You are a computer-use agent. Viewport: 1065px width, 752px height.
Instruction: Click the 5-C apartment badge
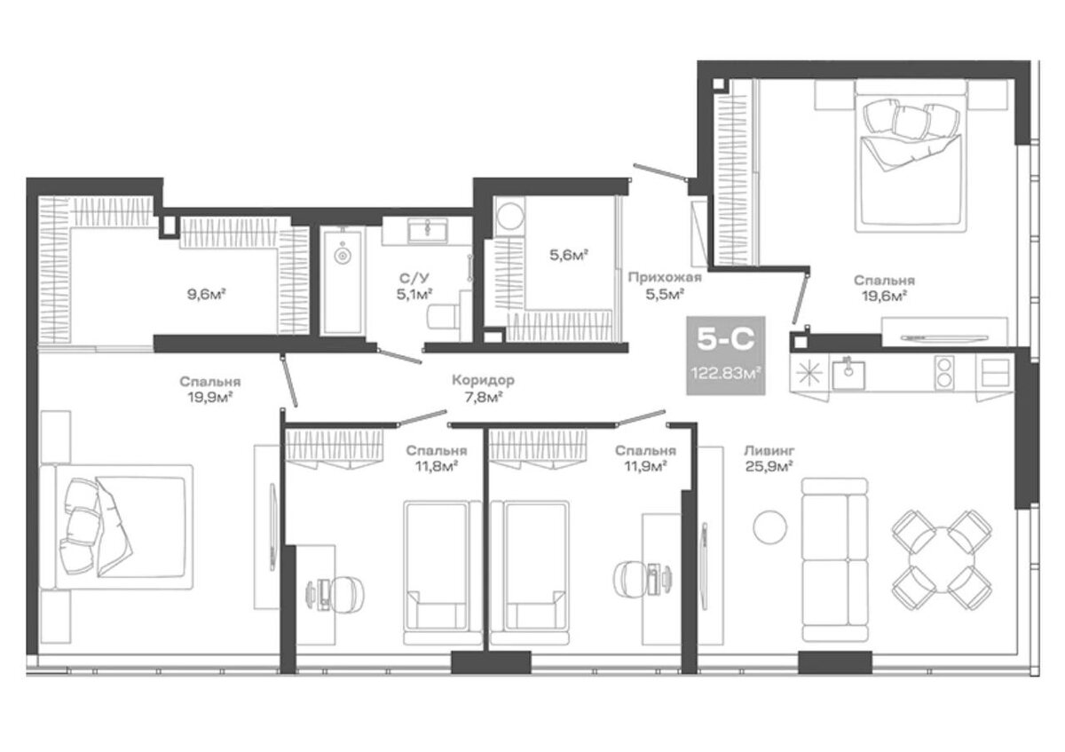[x=726, y=355]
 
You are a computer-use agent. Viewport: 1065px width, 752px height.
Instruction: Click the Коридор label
[x=483, y=380]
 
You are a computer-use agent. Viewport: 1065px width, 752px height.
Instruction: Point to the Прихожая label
[x=665, y=277]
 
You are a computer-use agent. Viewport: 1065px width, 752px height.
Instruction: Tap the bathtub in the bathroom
[x=343, y=281]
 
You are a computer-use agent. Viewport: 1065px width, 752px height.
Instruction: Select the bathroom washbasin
[x=428, y=231]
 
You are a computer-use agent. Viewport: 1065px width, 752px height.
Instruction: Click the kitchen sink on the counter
[x=848, y=374]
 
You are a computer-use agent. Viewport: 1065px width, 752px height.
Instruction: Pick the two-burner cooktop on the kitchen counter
[x=944, y=372]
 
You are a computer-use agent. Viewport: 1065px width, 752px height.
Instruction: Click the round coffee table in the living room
[x=770, y=526]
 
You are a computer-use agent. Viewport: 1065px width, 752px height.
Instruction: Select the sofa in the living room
[x=835, y=559]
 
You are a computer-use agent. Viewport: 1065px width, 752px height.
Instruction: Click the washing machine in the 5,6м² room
[x=509, y=217]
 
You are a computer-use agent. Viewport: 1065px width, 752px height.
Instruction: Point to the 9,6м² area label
[x=206, y=294]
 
